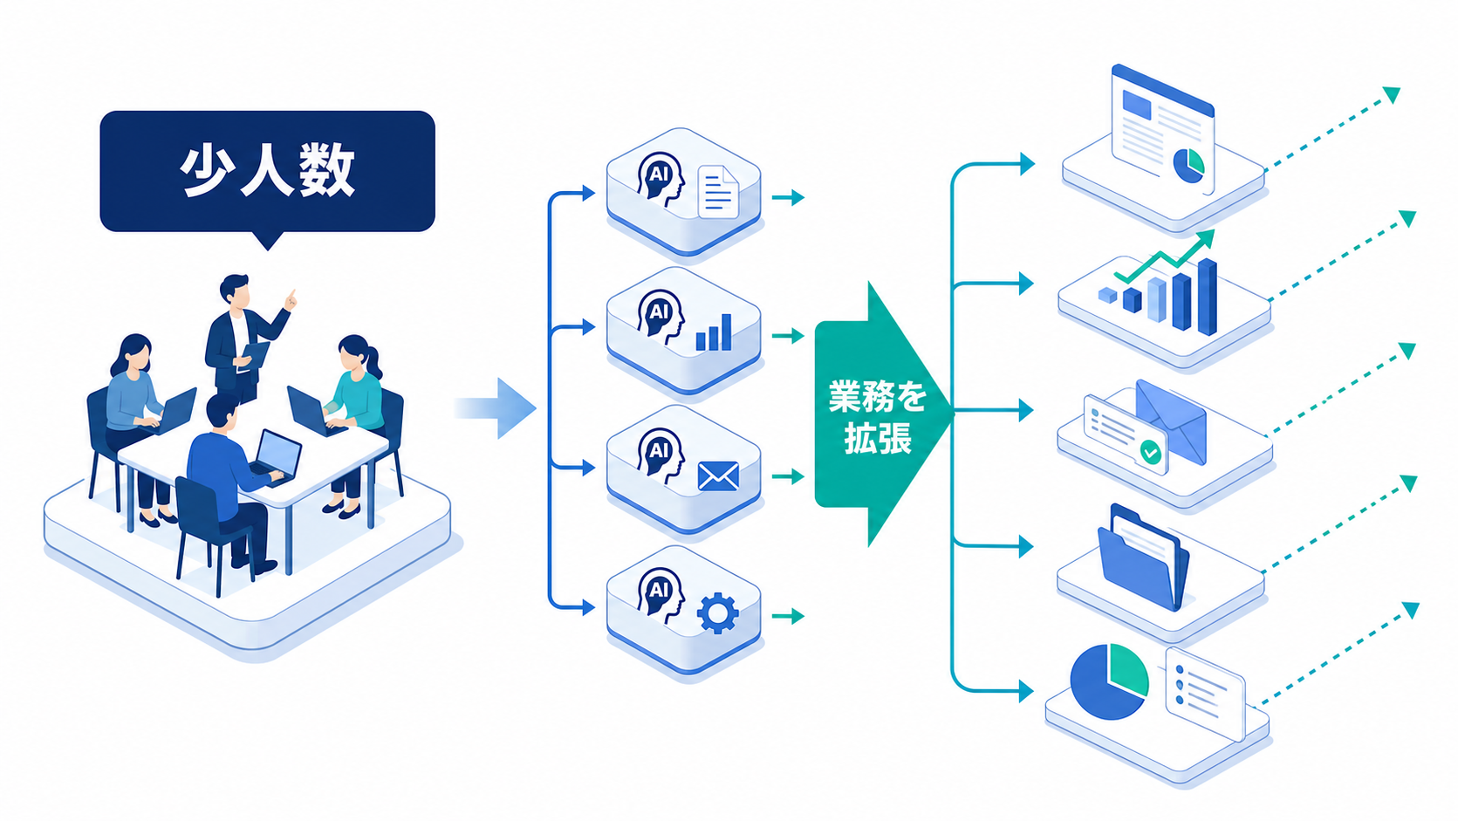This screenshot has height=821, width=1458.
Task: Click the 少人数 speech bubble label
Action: point(268,171)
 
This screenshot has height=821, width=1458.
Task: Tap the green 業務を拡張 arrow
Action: point(882,414)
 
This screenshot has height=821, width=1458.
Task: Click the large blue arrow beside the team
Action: point(496,408)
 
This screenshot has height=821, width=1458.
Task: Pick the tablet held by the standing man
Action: point(255,357)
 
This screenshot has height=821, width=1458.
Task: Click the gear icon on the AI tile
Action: point(718,612)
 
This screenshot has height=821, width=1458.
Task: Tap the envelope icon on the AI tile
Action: point(718,475)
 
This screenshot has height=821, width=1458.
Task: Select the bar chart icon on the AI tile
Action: point(714,332)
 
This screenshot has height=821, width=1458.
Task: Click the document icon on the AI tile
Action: point(718,192)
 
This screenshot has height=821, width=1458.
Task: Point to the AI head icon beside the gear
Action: point(661,596)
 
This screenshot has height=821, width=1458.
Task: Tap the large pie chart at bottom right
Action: point(1109,681)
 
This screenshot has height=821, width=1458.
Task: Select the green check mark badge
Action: point(1151,452)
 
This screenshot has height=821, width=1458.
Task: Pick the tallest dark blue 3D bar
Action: point(1208,297)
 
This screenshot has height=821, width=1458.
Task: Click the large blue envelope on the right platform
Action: point(1171,422)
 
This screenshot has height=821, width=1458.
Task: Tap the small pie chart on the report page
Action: point(1188,166)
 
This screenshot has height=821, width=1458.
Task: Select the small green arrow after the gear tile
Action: point(788,616)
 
